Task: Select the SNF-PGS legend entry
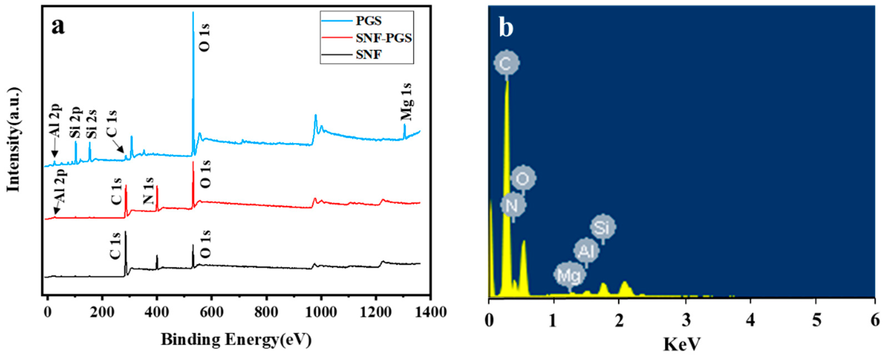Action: tap(383, 38)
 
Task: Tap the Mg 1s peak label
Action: tap(407, 102)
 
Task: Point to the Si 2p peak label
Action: tap(76, 123)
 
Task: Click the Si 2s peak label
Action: tap(91, 124)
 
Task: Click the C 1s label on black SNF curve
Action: tap(115, 246)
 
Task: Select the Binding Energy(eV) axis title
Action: tap(236, 340)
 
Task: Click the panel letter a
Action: tap(58, 27)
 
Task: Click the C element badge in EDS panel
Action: tap(506, 63)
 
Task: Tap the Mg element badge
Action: tap(569, 275)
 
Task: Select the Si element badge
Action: tap(603, 227)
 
